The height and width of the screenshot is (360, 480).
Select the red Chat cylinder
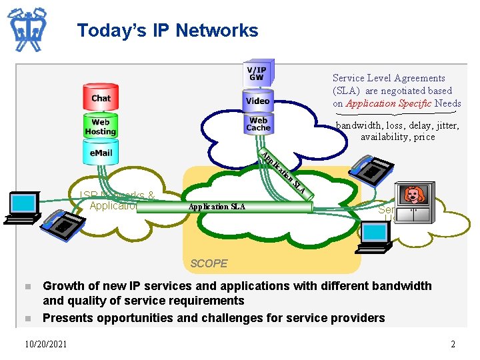click(101, 98)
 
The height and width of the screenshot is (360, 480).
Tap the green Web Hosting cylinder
click(101, 127)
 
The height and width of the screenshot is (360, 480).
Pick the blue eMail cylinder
click(101, 153)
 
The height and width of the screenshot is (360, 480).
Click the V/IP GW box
click(257, 73)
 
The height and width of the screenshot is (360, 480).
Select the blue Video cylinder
click(257, 101)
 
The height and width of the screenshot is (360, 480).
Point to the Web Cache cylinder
click(258, 124)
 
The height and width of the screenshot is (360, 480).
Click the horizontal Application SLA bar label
click(217, 207)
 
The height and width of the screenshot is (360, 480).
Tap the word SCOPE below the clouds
click(209, 263)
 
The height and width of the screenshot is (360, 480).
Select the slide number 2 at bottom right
click(453, 344)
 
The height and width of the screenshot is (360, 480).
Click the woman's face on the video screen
click(414, 195)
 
